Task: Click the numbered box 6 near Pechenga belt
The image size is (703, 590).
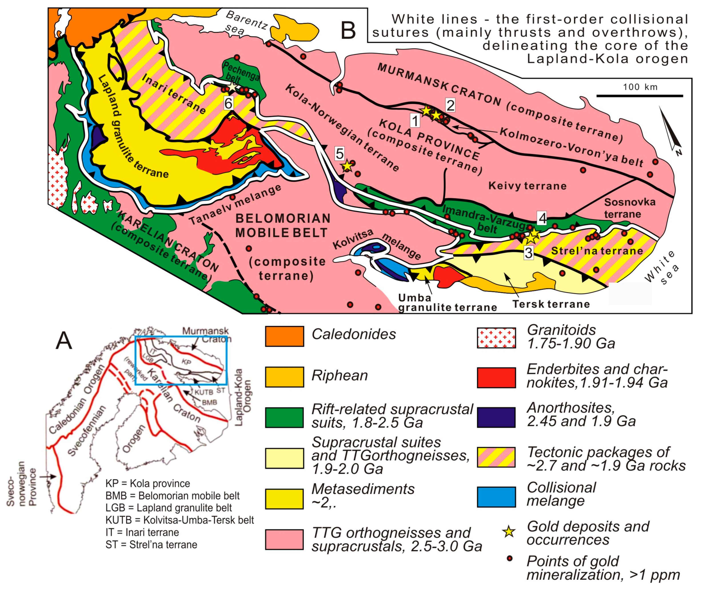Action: [228, 103]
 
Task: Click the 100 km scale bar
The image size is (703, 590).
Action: [639, 96]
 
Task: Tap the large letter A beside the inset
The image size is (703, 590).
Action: [64, 340]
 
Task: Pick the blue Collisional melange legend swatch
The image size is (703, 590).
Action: [496, 497]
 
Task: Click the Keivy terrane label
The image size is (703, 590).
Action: [527, 186]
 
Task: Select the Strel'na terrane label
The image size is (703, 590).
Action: [597, 251]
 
